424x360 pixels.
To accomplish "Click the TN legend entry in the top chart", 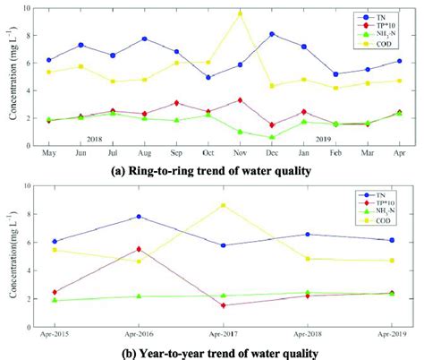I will (x=368, y=16).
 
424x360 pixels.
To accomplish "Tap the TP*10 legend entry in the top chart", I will (x=369, y=26).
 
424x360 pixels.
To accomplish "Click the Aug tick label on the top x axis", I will (x=144, y=154).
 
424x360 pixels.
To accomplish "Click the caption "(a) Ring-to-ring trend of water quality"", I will (x=211, y=169).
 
